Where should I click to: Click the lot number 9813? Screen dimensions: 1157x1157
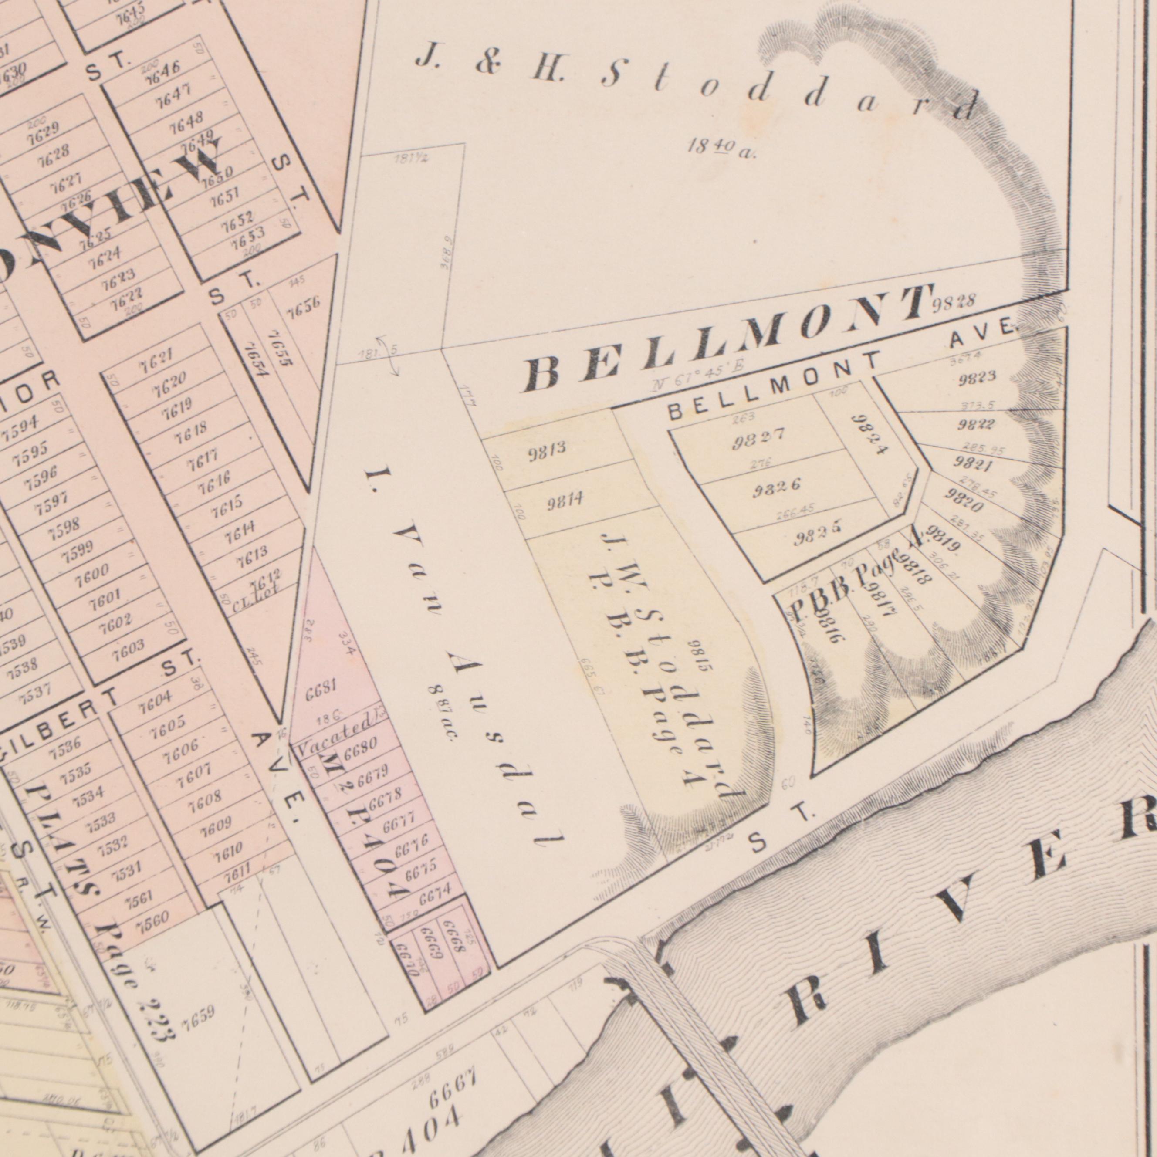546,451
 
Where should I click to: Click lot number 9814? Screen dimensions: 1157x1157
565,501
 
